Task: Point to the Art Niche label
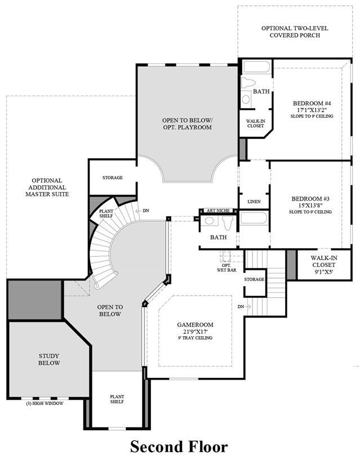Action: click(218, 211)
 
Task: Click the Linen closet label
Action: click(254, 202)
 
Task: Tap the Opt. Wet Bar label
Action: click(226, 268)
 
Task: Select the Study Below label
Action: click(49, 359)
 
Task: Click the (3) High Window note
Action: click(45, 403)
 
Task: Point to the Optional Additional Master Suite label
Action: click(47, 188)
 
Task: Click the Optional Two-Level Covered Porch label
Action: click(295, 32)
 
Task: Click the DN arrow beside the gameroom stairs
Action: click(247, 306)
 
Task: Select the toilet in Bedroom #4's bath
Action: click(248, 82)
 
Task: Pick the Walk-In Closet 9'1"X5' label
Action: click(324, 265)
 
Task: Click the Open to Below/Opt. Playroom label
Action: click(187, 123)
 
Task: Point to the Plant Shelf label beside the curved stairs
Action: click(106, 213)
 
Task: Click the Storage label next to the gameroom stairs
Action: click(254, 279)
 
